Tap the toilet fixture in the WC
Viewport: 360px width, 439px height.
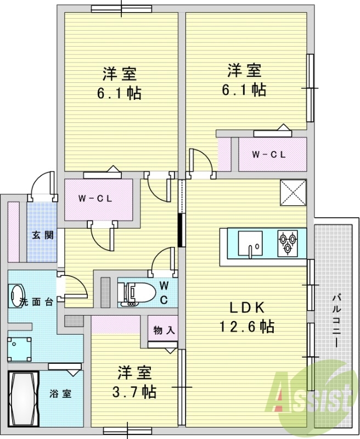pyautogui.click(x=132, y=293)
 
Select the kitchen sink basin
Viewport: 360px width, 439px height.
pyautogui.click(x=250, y=242)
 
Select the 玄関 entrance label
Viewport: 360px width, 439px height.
pyautogui.click(x=42, y=235)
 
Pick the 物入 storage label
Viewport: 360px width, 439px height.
pyautogui.click(x=163, y=330)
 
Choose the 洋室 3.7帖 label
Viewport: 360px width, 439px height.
pyautogui.click(x=135, y=382)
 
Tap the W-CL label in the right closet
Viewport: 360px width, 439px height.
pyautogui.click(x=269, y=154)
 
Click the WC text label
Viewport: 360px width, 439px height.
pyautogui.click(x=164, y=292)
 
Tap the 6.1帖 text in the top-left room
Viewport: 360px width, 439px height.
pyautogui.click(x=119, y=93)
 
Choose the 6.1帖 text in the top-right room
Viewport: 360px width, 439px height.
pyautogui.click(x=244, y=89)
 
